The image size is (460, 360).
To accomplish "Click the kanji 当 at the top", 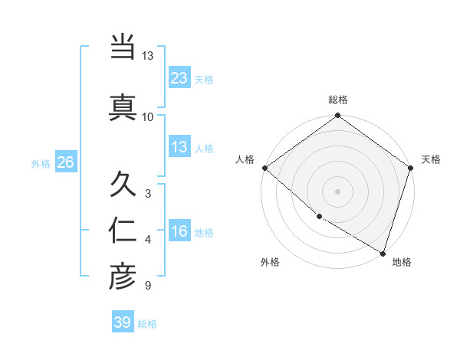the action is pos(123,48).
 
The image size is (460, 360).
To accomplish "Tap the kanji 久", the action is pos(123,184).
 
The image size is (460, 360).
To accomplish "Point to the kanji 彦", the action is pos(123,277).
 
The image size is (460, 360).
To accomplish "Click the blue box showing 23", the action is pos(179,77).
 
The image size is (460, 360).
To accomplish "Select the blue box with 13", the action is pos(179,147).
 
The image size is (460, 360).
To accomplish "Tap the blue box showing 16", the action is pos(179,231).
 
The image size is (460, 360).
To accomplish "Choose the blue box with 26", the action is pos(65,162).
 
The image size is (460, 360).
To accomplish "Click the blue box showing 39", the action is pos(123,322).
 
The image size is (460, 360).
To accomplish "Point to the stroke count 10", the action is pos(147,116).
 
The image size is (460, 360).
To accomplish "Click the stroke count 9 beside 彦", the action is pos(147,286).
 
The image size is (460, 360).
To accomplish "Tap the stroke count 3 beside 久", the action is pos(147,193).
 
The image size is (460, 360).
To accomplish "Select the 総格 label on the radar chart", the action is pos(338,100).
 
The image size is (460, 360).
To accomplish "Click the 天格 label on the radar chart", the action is pos(431,159).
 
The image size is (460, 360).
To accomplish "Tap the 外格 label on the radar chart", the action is pos(269,262).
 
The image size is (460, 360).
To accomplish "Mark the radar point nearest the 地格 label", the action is pos(383,253).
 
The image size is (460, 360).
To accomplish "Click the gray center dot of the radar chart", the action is pos(338,191).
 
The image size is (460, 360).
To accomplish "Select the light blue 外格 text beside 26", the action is pos(40,163).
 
